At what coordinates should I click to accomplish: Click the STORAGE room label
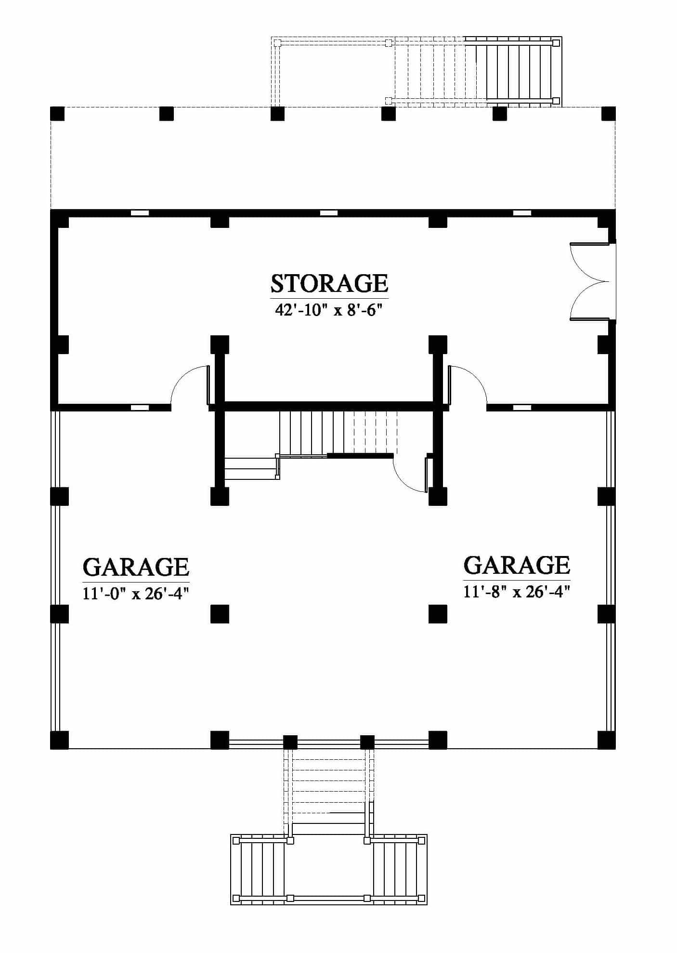click(329, 283)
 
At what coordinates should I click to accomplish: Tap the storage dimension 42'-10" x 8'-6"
click(329, 310)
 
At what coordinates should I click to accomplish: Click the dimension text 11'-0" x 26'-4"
click(135, 593)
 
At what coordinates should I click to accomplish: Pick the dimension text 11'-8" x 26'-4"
click(517, 591)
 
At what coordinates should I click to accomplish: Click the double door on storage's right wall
click(590, 281)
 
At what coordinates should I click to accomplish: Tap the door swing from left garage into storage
click(190, 385)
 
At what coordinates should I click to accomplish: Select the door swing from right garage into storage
click(468, 385)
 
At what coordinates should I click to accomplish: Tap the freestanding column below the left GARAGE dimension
click(220, 614)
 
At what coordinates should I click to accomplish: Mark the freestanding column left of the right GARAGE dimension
click(438, 614)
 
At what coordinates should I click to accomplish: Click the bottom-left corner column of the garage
click(59, 740)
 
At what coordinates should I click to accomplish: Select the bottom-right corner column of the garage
click(607, 740)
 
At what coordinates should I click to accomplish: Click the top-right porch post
click(609, 114)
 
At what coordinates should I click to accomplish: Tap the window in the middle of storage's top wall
click(329, 212)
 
